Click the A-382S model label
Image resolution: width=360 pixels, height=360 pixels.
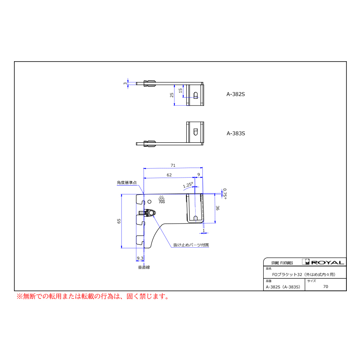tap(236, 94)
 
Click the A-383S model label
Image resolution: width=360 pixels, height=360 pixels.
tap(236, 133)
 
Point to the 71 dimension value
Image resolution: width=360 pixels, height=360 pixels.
tap(173, 165)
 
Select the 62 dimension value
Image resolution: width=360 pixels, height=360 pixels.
tap(169, 175)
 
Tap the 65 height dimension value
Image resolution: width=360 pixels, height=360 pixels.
tap(119, 221)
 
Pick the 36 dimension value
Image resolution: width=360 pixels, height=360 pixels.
tap(218, 208)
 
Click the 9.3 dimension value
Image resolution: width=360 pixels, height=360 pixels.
tap(140, 258)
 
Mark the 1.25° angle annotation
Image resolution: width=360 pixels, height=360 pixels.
tap(188, 185)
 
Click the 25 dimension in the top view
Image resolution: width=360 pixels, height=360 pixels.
tap(172, 95)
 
